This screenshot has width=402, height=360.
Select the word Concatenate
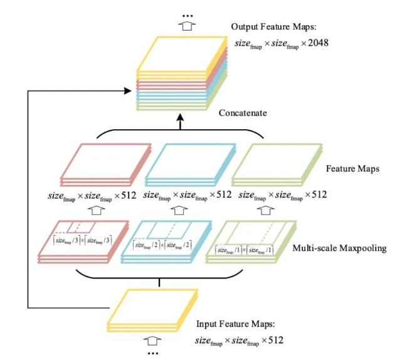tap(244, 114)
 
